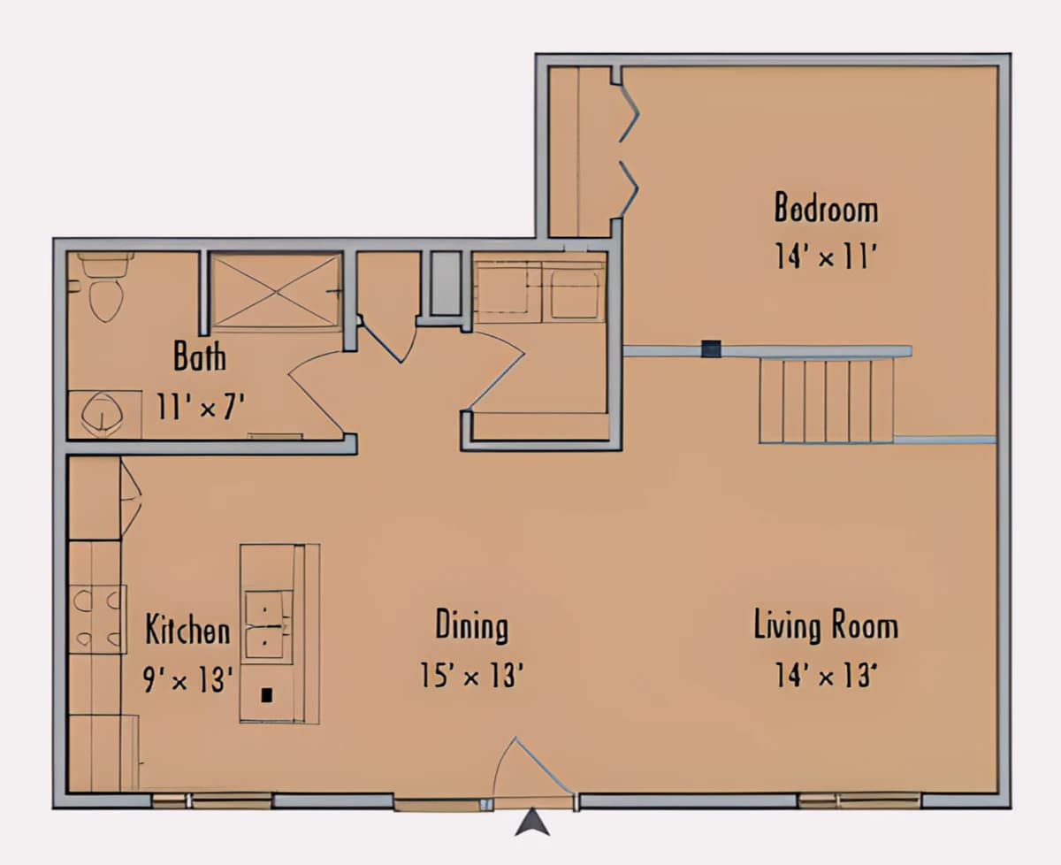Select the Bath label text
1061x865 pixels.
point(200,356)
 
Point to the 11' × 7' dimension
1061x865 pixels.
point(201,406)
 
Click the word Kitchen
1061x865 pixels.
point(188,630)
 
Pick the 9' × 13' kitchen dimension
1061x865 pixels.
point(188,679)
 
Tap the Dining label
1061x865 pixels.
point(472,626)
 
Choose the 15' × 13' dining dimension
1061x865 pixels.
point(472,675)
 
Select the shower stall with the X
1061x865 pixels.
point(276,292)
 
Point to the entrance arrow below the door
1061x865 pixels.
point(532,822)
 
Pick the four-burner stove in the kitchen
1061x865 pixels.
point(97,619)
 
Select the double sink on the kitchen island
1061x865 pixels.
point(269,626)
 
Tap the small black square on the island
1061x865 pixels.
point(267,695)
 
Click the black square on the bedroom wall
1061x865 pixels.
point(712,348)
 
